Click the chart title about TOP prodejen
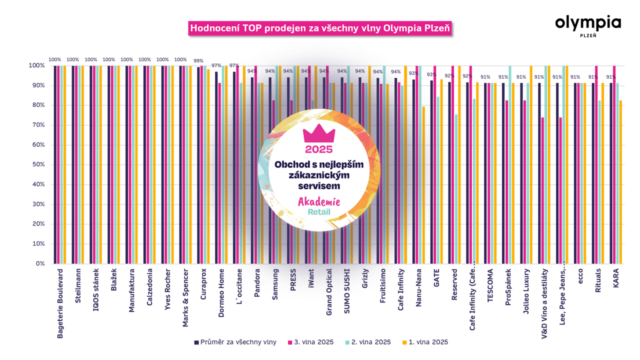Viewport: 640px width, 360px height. [x=320, y=28]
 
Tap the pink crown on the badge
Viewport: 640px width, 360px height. [x=319, y=133]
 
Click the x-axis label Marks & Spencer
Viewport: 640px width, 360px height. [x=185, y=297]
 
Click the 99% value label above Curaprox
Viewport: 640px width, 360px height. [x=198, y=61]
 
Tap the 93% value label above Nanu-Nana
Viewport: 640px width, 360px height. [x=414, y=73]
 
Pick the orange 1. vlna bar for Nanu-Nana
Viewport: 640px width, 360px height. [x=423, y=185]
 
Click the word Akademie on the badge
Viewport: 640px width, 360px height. [x=319, y=202]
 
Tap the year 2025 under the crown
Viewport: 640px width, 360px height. [x=319, y=149]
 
